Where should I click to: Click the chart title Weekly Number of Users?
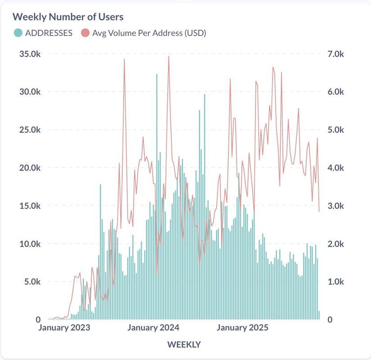pos(68,17)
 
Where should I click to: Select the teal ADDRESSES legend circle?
pos(18,33)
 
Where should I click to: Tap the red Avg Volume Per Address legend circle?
pos(85,33)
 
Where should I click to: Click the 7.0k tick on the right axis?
pos(335,54)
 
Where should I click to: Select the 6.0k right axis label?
pos(335,92)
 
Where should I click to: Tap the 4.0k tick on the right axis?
pos(335,168)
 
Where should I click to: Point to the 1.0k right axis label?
pos(335,282)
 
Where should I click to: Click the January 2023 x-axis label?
pos(64,328)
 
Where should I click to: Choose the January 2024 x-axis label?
pos(153,328)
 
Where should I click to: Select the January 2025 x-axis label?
pos(242,328)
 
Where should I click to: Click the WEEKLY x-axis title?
pos(184,345)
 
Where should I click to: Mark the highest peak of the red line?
pos(169,57)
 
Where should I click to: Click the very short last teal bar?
pos(319,315)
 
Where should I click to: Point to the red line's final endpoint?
pos(319,211)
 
